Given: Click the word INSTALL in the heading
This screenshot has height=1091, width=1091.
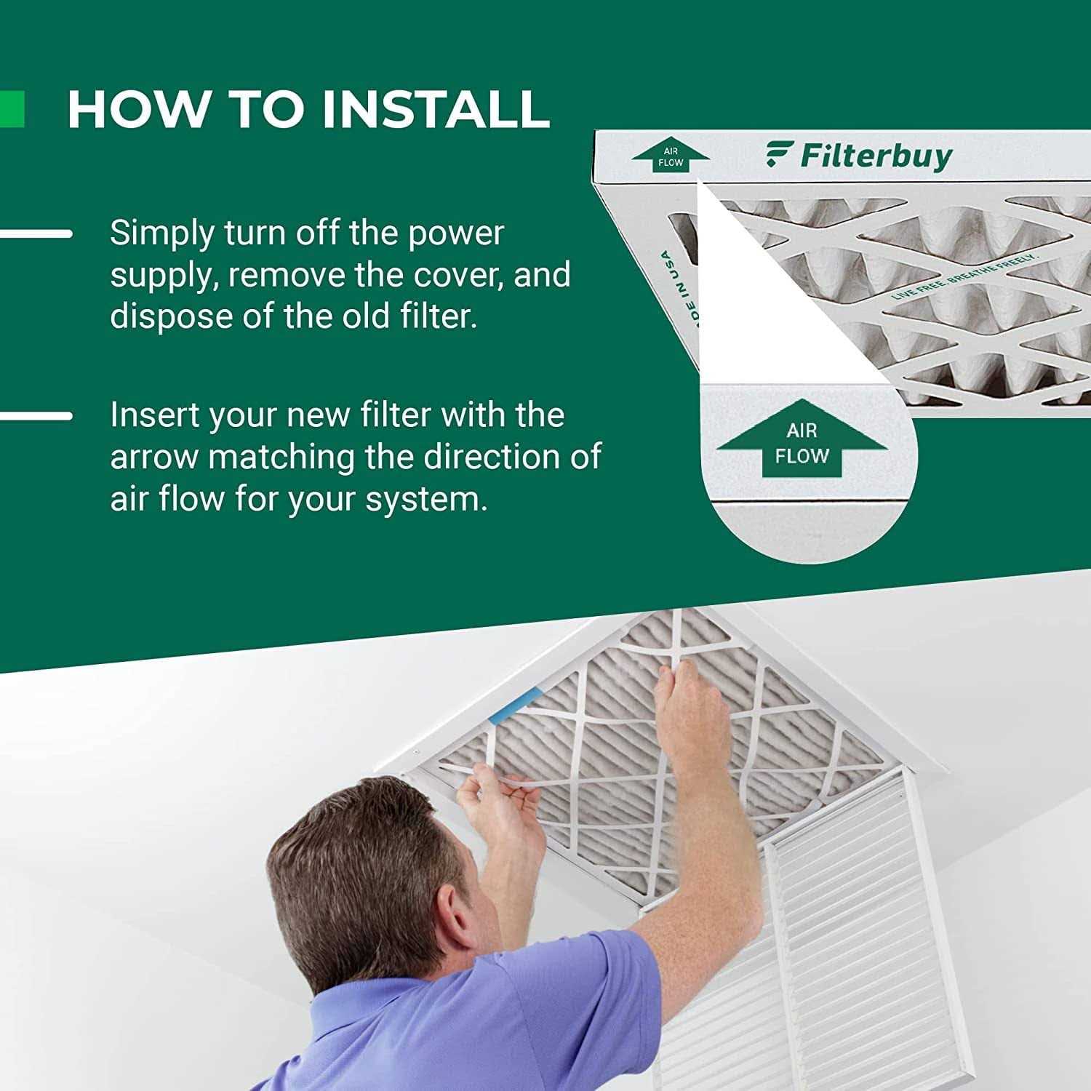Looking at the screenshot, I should [435, 109].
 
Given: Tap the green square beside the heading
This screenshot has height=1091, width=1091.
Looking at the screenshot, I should [12, 109].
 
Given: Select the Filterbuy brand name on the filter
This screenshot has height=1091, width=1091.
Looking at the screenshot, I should [876, 156].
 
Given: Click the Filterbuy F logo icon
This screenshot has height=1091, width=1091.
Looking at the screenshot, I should [779, 155].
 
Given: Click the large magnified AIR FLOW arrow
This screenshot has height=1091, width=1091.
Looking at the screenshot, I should [802, 440].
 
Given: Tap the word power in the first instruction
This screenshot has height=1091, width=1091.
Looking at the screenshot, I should [455, 233].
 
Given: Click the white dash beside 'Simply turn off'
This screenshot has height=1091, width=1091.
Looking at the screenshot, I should [36, 233].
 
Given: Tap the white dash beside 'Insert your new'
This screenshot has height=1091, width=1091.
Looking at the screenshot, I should [36, 416].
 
